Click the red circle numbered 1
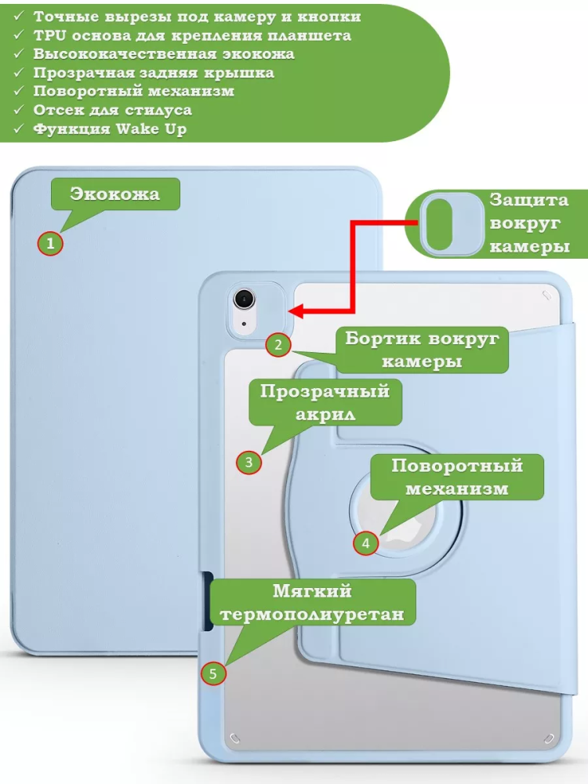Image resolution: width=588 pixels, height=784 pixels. click(50, 244)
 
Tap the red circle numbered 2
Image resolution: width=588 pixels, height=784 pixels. click(278, 344)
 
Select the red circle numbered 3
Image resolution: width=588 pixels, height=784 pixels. click(249, 462)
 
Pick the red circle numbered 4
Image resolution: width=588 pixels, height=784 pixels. click(365, 542)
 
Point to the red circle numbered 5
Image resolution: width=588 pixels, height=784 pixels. click(213, 672)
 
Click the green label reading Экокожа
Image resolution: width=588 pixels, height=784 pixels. click(115, 194)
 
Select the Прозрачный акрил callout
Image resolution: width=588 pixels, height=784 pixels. click(325, 401)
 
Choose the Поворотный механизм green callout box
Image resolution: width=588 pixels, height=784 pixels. click(457, 476)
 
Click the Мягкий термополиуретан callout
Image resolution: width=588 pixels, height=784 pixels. click(312, 602)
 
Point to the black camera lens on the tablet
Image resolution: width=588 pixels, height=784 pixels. click(245, 299)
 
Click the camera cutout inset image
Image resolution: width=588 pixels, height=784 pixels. click(450, 224)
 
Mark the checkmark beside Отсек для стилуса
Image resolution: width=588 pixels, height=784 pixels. click(19, 111)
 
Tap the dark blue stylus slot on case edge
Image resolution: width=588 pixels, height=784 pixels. click(208, 601)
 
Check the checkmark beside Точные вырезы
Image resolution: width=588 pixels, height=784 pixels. click(19, 16)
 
